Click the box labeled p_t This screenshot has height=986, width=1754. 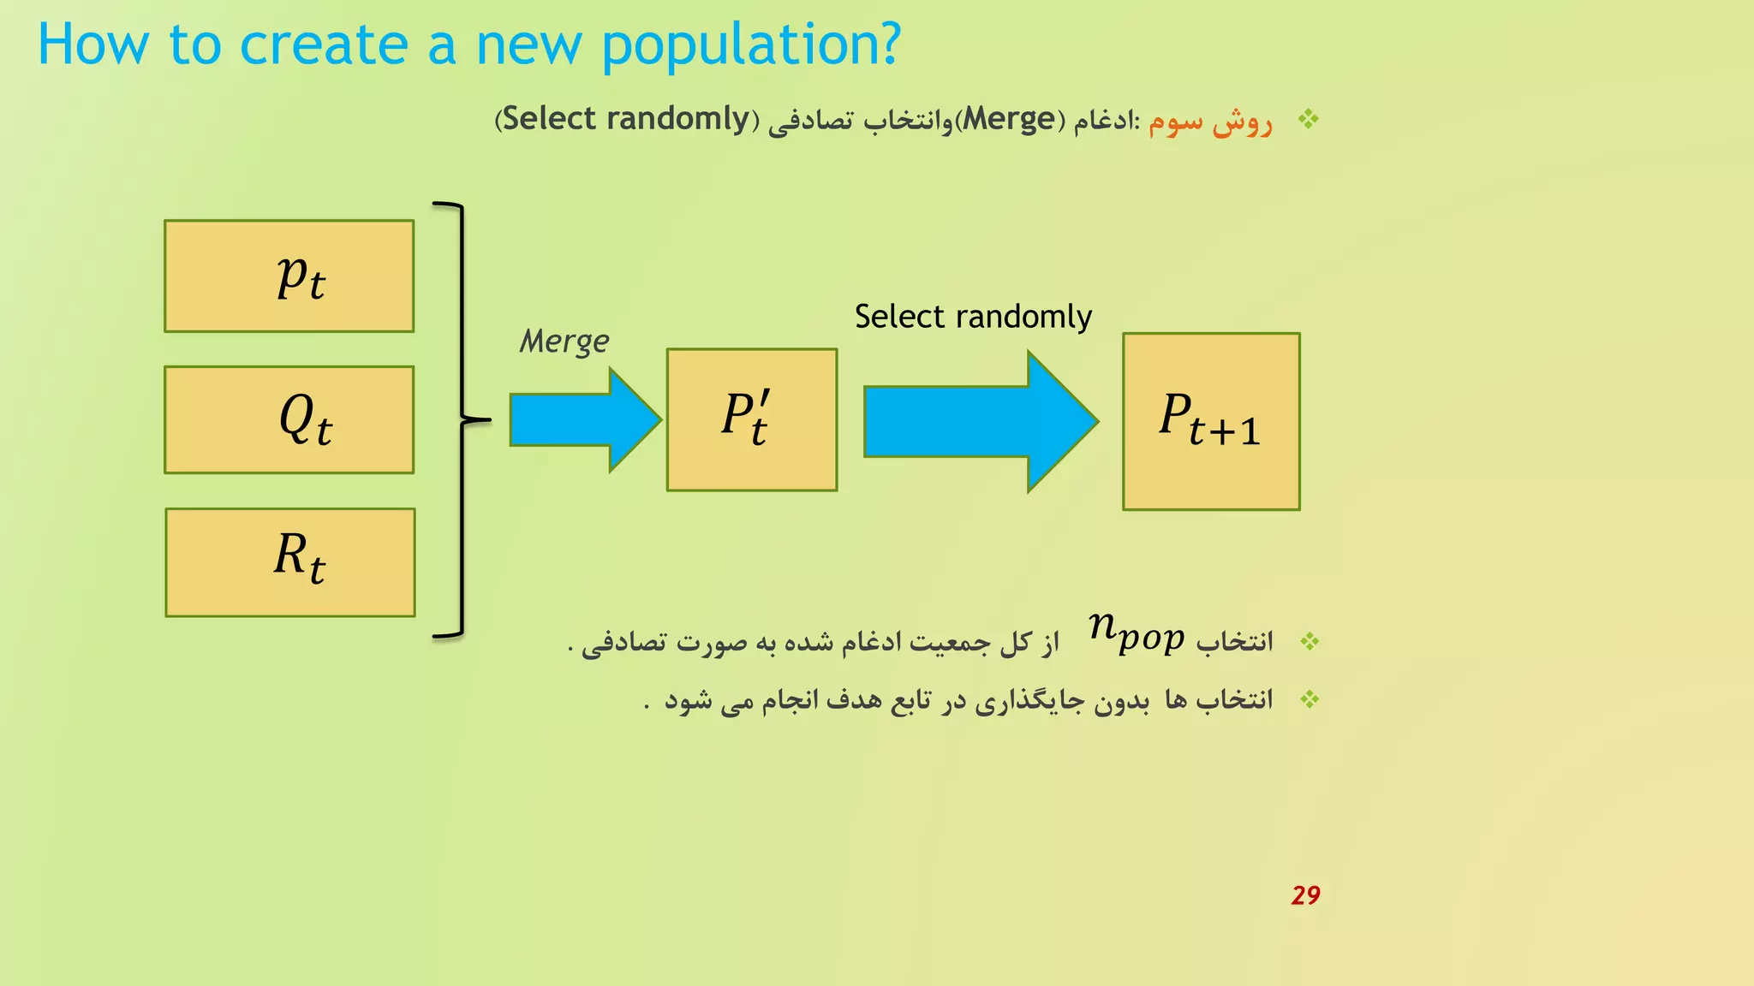point(289,276)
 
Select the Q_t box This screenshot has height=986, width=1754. point(289,419)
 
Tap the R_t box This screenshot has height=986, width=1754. point(289,562)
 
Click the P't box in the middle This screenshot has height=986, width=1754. point(751,419)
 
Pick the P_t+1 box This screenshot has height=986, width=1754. point(1210,421)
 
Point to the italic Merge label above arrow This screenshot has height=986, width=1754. point(564,342)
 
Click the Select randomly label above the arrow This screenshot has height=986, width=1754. point(973,317)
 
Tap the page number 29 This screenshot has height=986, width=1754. point(1305,895)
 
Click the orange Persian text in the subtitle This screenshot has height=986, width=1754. point(1210,122)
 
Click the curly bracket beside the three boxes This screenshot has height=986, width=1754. point(463,419)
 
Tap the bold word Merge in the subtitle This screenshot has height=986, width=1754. point(1009,119)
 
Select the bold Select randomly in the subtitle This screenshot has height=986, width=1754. point(625,119)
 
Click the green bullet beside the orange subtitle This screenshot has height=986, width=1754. point(1308,119)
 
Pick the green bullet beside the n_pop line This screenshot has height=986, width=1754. point(1309,641)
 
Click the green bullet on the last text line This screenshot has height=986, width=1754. point(1309,700)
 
